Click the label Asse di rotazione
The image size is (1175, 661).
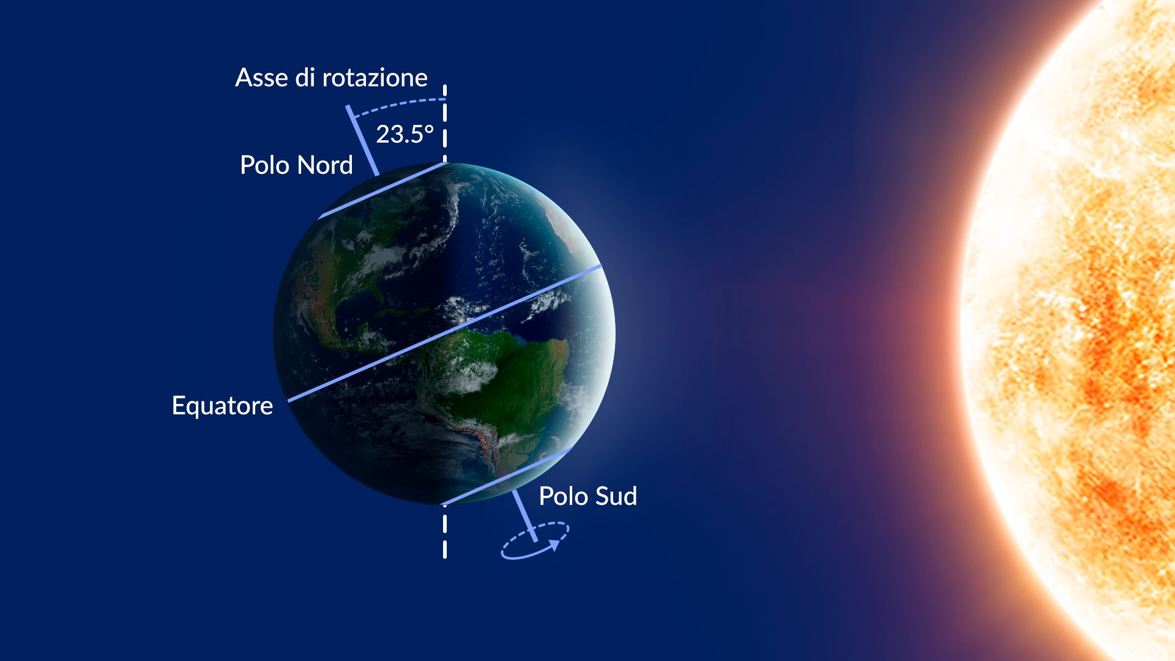331,78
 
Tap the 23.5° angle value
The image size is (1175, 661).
405,134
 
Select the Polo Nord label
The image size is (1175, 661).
296,165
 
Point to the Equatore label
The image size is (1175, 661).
222,406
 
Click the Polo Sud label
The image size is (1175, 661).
587,496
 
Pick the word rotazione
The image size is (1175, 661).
375,78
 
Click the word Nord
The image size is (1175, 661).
325,165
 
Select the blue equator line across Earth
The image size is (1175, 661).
445,334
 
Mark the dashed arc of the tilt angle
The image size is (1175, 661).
399,105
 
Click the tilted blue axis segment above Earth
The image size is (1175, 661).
362,141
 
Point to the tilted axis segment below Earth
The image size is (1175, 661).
524,515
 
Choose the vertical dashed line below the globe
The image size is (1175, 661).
445,531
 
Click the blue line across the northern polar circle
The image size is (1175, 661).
382,190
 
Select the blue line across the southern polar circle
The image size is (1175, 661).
507,476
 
